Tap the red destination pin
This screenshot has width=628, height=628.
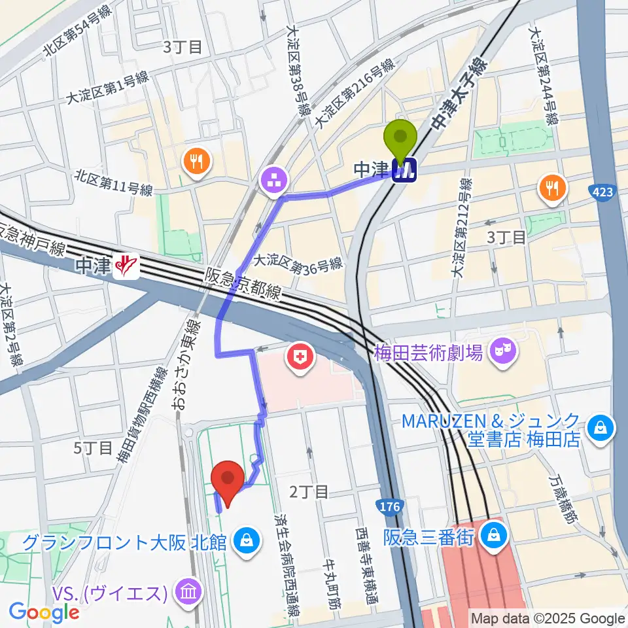229,481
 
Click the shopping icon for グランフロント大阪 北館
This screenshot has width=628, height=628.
245,541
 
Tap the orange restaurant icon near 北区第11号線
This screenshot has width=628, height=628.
196,161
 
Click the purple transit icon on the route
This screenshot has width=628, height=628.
273,181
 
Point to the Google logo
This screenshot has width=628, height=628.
44,612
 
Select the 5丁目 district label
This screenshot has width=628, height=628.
92,447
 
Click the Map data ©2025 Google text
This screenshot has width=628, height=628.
548,618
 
